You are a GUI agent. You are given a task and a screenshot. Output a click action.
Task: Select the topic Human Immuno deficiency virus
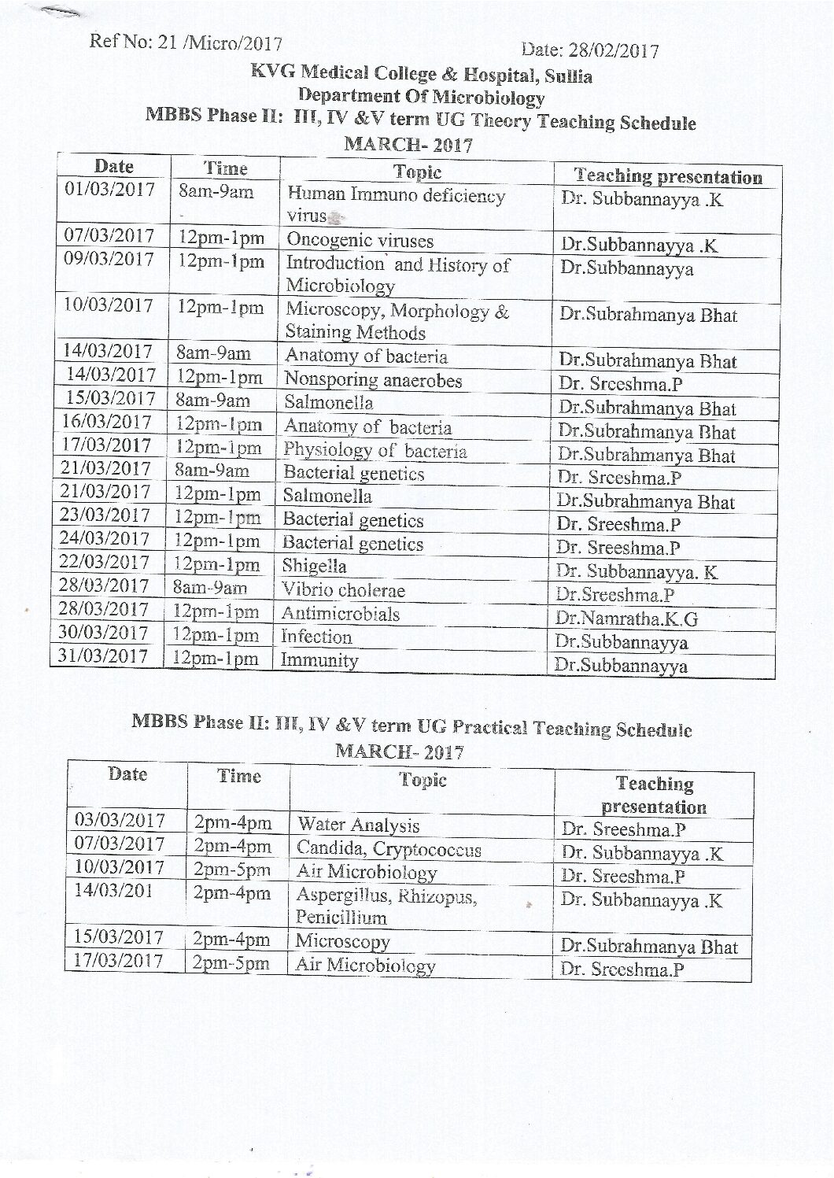(x=395, y=205)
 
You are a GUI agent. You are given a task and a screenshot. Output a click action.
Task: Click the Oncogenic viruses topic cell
(x=360, y=241)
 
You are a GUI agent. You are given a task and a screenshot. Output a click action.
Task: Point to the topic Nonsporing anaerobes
(x=373, y=380)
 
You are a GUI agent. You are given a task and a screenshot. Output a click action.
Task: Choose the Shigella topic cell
(x=315, y=567)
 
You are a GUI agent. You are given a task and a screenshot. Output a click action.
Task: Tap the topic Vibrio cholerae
(x=344, y=590)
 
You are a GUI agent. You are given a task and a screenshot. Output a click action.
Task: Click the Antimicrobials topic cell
(x=341, y=614)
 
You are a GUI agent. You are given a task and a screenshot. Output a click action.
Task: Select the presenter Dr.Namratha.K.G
(x=626, y=619)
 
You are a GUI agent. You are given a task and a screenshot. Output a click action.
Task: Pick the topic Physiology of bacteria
(x=375, y=451)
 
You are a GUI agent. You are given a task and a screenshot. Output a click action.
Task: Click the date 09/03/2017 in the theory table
(x=109, y=259)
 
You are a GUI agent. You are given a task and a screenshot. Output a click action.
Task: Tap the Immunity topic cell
(x=319, y=660)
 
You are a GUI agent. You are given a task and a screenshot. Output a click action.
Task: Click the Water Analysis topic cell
(x=358, y=825)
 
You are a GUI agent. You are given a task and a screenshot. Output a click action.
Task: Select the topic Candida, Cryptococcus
(x=389, y=849)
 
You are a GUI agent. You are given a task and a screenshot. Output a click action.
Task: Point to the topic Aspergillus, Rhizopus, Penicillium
(x=386, y=907)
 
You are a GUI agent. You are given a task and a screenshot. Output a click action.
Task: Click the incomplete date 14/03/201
(x=116, y=891)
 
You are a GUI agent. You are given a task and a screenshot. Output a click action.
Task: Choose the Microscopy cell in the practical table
(x=342, y=942)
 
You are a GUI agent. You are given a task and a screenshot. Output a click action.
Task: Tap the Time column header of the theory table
(x=225, y=168)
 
